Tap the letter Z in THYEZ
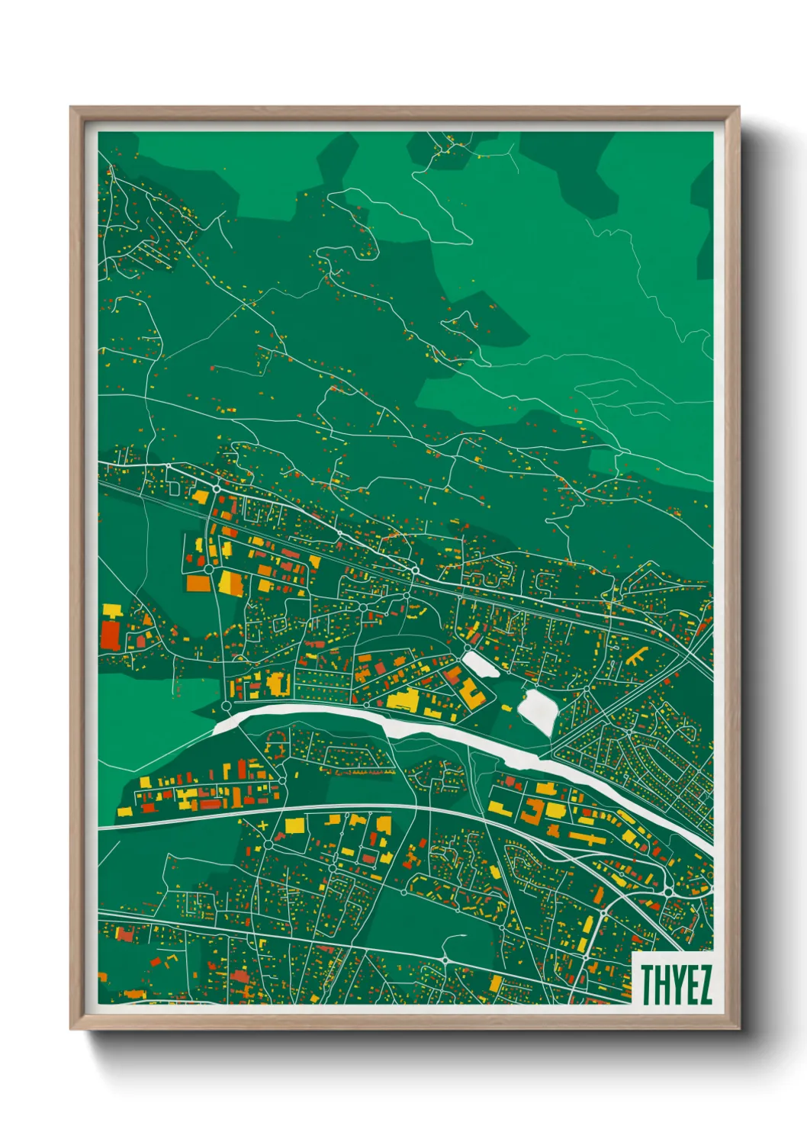coord(704,984)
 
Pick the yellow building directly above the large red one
coord(113,610)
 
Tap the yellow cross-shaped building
coord(264,826)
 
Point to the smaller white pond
coord(481,664)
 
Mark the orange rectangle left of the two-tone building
coord(198,584)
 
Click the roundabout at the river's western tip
coord(226,707)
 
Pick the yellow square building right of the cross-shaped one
coord(294,825)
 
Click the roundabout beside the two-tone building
coord(208,568)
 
